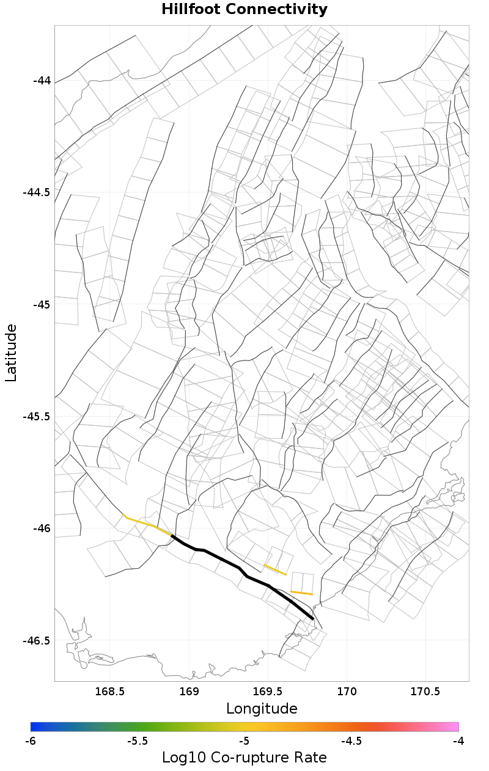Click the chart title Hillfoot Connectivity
tap(244, 10)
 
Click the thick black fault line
tap(239, 568)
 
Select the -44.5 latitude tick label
tap(37, 192)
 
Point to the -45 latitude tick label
tap(42, 304)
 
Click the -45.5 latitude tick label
tap(37, 417)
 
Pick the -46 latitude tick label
tap(42, 528)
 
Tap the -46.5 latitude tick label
tap(37, 640)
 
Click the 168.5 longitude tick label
tap(110, 692)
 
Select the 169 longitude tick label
tap(189, 692)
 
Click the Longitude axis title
tap(262, 709)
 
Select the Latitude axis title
tap(11, 353)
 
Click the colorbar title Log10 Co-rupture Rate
tap(244, 758)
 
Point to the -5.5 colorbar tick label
tap(138, 741)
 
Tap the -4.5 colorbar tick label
tap(351, 741)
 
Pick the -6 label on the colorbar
tap(31, 741)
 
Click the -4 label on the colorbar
tap(458, 741)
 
